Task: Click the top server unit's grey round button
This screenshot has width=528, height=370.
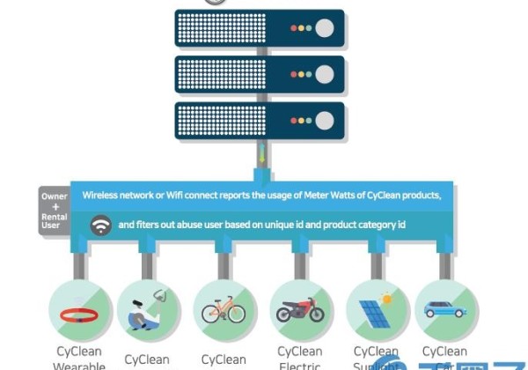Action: click(325, 28)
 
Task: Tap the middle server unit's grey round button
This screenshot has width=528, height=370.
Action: click(325, 74)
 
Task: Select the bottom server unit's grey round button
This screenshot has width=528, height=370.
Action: click(325, 120)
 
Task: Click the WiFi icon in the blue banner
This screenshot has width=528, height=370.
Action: click(102, 226)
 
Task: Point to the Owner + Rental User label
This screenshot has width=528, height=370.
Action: click(54, 211)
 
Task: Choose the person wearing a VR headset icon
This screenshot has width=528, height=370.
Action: click(147, 310)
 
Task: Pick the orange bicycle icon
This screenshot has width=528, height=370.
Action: click(224, 311)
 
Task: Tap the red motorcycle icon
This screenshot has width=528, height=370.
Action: click(300, 311)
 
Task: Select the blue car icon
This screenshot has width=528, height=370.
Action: click(446, 310)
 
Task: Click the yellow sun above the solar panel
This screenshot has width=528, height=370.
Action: click(386, 299)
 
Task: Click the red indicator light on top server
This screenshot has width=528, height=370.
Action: click(294, 28)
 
